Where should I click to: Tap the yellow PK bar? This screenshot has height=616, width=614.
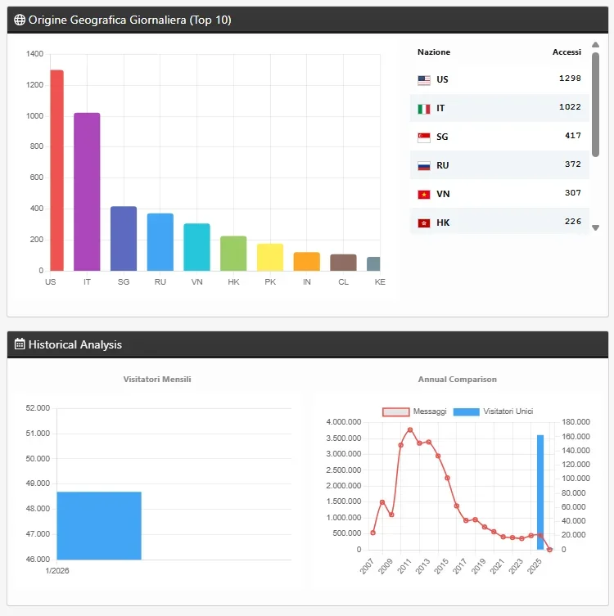click(270, 257)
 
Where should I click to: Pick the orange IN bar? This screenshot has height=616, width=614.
click(306, 261)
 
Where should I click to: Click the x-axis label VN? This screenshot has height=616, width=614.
click(196, 281)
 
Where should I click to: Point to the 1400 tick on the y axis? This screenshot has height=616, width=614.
click(34, 54)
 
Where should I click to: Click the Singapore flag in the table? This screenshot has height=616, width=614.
click(424, 137)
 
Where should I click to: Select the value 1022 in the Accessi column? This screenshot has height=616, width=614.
click(570, 107)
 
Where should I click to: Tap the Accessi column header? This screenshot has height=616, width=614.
click(567, 52)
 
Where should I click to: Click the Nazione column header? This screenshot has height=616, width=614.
click(434, 52)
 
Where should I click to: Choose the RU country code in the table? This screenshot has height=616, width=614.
click(443, 165)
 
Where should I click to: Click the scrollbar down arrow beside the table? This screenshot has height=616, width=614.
click(596, 227)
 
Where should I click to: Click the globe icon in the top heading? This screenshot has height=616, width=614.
click(20, 20)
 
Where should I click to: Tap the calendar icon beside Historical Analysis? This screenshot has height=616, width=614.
click(20, 344)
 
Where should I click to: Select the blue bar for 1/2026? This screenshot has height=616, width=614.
click(99, 525)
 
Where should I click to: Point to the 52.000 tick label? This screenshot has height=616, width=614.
click(37, 408)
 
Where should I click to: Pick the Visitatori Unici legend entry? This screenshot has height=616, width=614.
click(494, 411)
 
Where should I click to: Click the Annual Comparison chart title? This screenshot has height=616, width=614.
click(457, 380)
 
